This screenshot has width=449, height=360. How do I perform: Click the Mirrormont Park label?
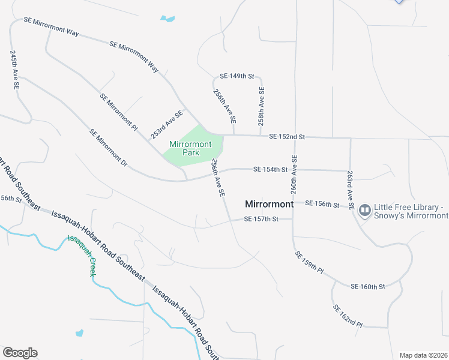(x=190, y=148)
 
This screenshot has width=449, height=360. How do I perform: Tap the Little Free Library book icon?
(x=364, y=211)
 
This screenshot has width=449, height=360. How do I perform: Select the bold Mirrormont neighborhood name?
(x=270, y=204)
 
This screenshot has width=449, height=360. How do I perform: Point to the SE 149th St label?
(x=238, y=76)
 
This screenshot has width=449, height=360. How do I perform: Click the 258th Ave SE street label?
(x=261, y=106)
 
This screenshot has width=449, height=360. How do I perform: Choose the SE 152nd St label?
(x=287, y=137)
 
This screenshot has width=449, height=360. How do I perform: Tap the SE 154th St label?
(x=270, y=170)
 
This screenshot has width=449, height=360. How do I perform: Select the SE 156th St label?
(x=322, y=203)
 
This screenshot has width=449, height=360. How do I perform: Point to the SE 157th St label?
(x=262, y=219)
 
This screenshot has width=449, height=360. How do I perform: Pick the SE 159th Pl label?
(x=309, y=263)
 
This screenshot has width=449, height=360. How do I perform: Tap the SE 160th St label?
(x=367, y=286)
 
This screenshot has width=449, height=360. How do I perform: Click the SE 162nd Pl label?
(x=348, y=316)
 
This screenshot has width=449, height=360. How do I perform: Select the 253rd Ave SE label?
(x=167, y=124)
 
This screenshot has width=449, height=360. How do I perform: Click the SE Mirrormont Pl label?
(x=119, y=112)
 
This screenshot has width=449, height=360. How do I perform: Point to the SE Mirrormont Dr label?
(x=109, y=148)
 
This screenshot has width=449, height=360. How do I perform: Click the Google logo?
(x=20, y=353)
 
